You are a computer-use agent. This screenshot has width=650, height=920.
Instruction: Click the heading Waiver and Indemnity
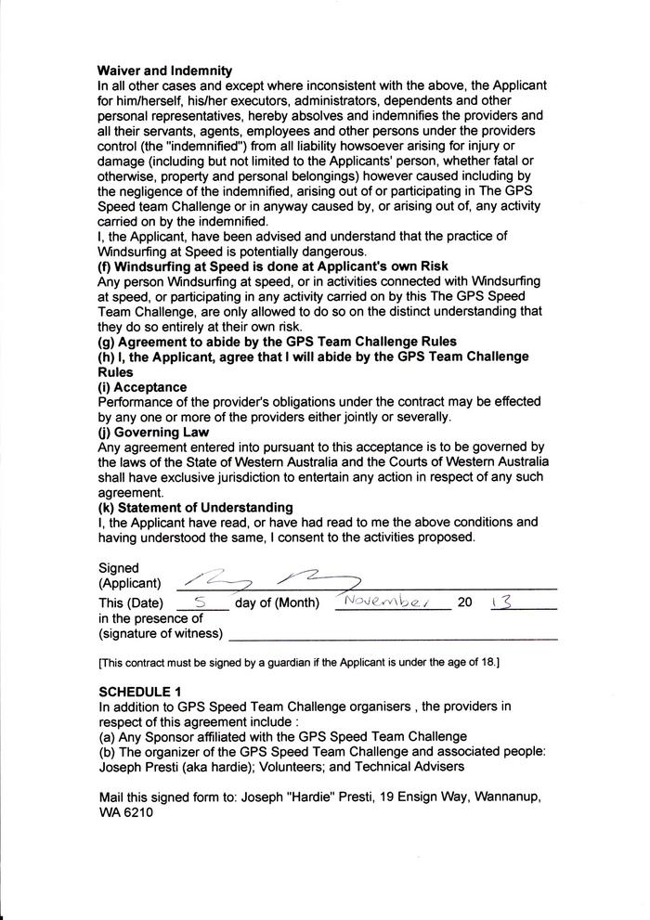(165, 71)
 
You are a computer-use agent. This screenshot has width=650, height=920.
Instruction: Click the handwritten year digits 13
(500, 602)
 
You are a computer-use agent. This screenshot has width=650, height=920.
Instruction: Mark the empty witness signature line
(393, 638)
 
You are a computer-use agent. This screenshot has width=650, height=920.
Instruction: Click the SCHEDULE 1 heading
(141, 692)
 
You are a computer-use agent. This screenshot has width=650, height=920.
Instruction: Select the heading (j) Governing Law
(153, 432)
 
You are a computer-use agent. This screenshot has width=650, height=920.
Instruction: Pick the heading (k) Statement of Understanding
(196, 507)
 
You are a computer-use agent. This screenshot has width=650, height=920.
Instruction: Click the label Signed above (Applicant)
(119, 567)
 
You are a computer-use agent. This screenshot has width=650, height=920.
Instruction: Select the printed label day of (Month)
(278, 603)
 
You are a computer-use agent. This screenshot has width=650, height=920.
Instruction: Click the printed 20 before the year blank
(465, 603)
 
